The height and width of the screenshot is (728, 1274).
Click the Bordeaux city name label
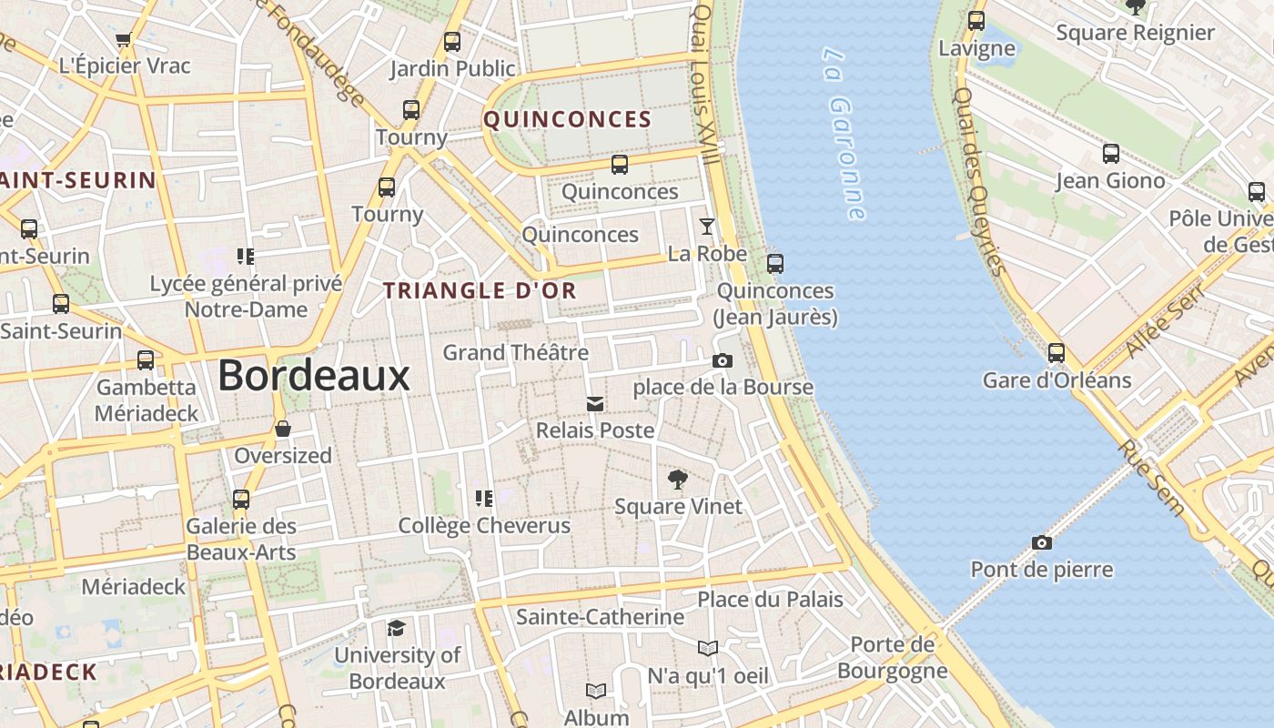coord(314,375)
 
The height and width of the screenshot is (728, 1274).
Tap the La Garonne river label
coord(844,134)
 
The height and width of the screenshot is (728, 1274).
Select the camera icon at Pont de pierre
coord(1042,543)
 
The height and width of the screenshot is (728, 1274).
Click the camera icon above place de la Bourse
coord(723,361)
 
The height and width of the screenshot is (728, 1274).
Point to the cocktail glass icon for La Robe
coord(706,227)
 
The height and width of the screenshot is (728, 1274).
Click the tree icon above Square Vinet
coord(677,480)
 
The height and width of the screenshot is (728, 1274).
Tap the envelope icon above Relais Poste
coord(595,403)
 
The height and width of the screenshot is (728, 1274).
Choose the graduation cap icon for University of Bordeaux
coord(396,629)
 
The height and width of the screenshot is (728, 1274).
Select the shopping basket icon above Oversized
coord(283,429)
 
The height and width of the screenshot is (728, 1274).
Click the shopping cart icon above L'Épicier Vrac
coord(124,39)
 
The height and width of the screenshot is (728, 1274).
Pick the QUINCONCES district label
coord(567,119)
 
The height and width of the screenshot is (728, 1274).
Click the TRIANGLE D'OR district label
coord(480,290)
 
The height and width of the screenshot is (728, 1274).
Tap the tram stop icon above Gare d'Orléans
coord(1057,353)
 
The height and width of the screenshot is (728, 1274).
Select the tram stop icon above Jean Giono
coord(1111,154)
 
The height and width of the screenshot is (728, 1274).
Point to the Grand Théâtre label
coord(515,352)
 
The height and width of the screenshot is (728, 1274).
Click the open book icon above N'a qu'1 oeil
coord(708,649)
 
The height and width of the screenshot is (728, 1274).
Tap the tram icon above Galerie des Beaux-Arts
coord(241,500)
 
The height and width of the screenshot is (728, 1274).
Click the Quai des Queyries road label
coord(979,181)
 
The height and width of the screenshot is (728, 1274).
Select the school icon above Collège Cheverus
coord(484,498)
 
